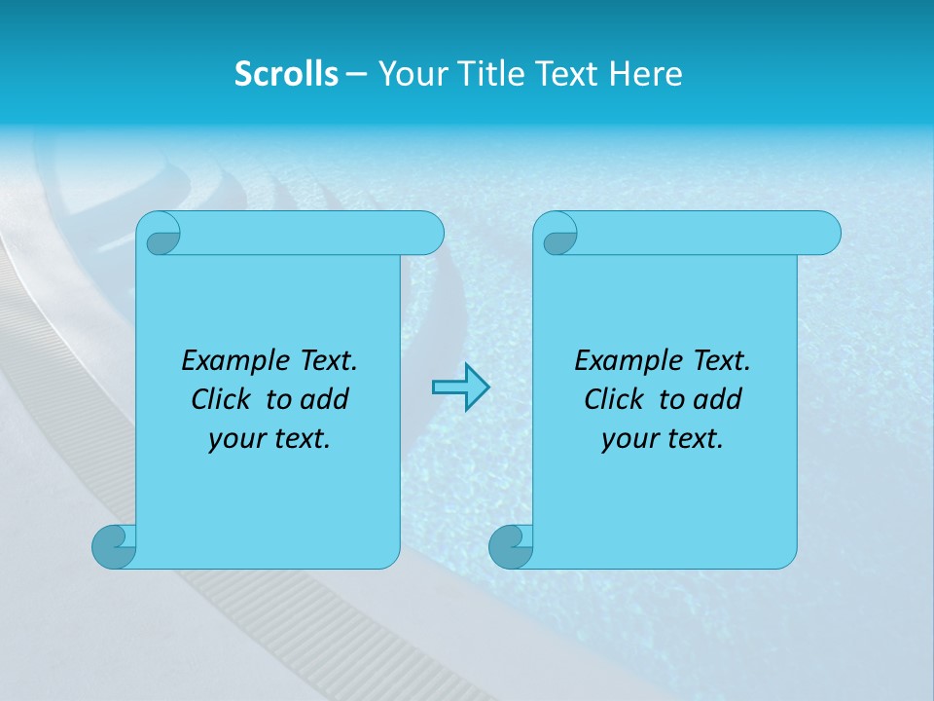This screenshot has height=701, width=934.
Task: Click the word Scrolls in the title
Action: point(287,74)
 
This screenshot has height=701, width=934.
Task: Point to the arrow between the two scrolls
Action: point(460,387)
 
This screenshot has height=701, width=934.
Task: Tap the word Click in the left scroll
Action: point(223,399)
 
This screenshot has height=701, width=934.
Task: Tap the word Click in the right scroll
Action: point(615,399)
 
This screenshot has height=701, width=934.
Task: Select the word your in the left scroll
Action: point(235,439)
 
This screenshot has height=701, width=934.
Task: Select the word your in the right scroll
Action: point(629,439)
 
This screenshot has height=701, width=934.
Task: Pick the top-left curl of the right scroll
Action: point(559,234)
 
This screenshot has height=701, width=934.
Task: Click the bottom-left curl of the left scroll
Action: point(115,546)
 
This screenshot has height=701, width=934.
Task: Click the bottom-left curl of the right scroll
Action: point(511,546)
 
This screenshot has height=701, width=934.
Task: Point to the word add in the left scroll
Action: point(326,399)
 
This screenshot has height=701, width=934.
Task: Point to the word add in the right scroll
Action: point(719,399)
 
